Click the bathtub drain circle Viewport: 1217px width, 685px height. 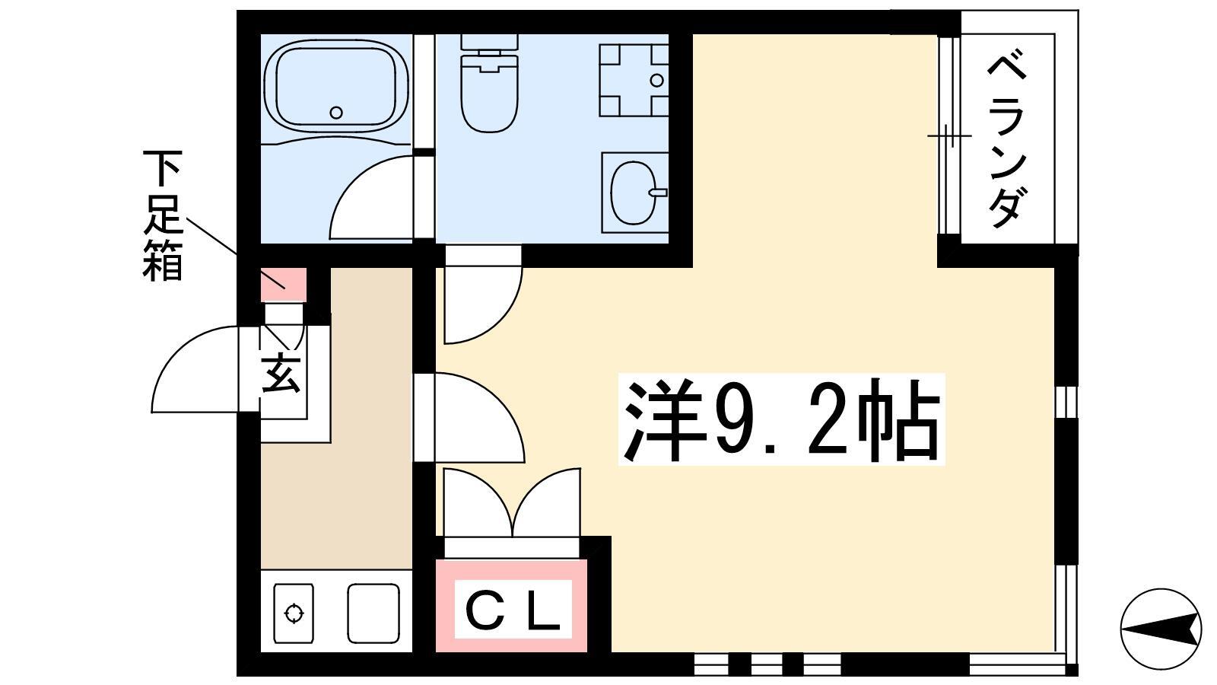336,113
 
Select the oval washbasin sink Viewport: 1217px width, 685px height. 632,193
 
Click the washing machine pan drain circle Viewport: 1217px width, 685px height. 657,81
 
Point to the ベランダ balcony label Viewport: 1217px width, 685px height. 1007,138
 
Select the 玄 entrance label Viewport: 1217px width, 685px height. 281,373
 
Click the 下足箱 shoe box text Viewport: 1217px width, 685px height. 161,216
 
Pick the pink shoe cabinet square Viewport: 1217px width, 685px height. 284,285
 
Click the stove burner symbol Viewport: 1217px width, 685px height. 294,613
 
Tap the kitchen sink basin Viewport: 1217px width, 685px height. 373,613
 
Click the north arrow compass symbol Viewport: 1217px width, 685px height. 1161,629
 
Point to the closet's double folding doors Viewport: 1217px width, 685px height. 513,503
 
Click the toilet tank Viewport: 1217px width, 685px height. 490,43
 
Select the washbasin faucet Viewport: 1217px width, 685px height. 659,192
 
